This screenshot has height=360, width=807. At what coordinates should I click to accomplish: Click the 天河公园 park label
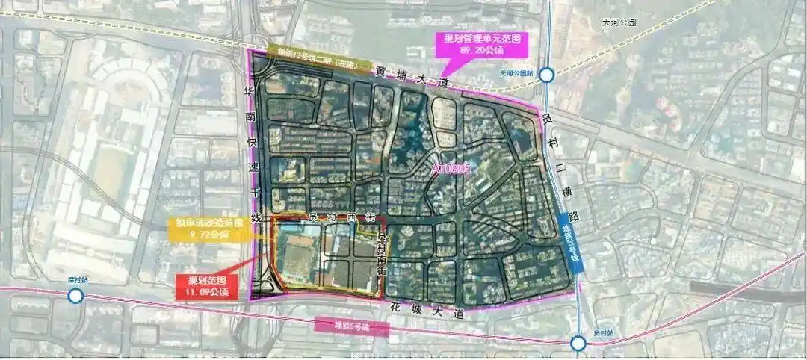[618, 23]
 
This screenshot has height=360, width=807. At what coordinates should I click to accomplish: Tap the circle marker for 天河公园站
[547, 75]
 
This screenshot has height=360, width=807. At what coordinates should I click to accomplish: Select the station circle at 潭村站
[75, 297]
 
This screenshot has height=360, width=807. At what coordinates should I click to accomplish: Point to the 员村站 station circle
[578, 344]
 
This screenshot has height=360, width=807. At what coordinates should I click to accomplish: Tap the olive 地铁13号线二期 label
[316, 54]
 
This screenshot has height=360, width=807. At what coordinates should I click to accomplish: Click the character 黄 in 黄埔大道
[381, 72]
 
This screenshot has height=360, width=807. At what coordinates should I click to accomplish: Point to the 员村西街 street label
[341, 218]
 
